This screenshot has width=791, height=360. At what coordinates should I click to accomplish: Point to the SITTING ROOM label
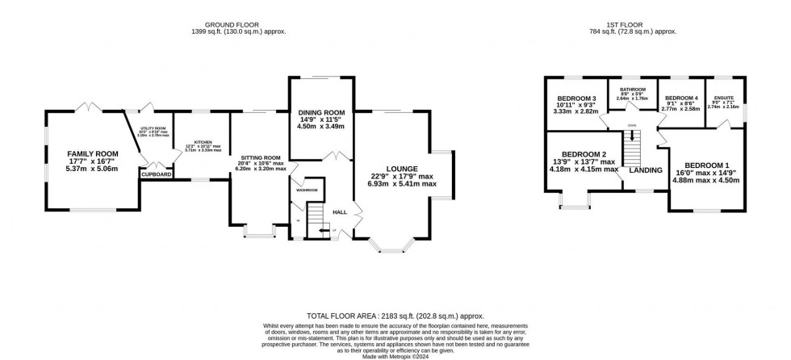pyautogui.click(x=261, y=157)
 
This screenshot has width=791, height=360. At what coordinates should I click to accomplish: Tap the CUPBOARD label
pyautogui.click(x=156, y=174)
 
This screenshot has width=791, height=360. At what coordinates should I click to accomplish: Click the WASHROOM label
pyautogui.click(x=307, y=190)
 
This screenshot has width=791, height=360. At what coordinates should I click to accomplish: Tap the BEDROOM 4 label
pyautogui.click(x=680, y=98)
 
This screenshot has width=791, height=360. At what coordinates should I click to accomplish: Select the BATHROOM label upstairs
pyautogui.click(x=632, y=90)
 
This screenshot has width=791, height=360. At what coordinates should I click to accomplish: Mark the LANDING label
pyautogui.click(x=646, y=170)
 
